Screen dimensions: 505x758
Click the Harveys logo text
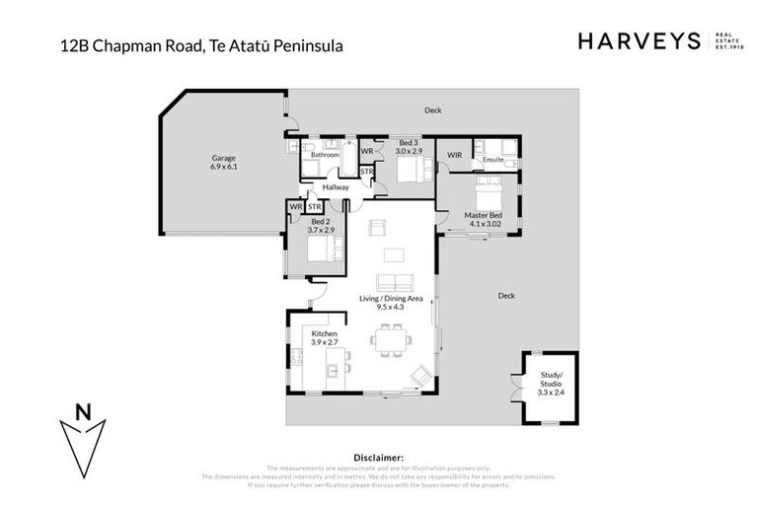[x=638, y=40]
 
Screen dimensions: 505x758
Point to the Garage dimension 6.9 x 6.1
[x=223, y=167]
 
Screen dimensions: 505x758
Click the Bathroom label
[x=325, y=155]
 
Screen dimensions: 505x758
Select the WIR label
[x=454, y=155]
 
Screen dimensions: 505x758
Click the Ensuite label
[x=493, y=159]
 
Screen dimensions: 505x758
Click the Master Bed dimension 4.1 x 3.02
[x=484, y=224]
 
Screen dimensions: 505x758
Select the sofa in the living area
[x=391, y=282]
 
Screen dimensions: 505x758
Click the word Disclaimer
[x=378, y=458]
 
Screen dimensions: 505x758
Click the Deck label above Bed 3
[x=432, y=110]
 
